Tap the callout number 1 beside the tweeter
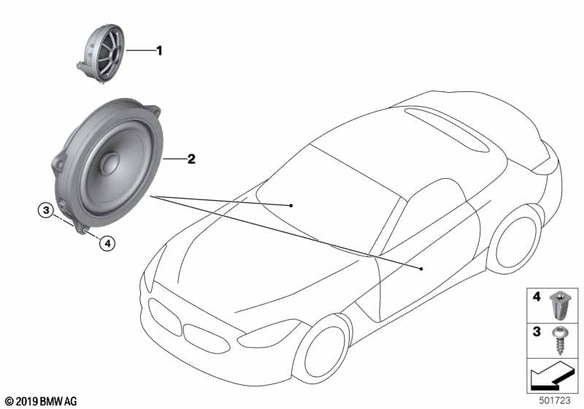(158, 50)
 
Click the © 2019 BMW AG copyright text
(40, 401)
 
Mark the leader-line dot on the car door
(422, 270)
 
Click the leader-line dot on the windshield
(291, 206)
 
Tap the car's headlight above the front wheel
(266, 337)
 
